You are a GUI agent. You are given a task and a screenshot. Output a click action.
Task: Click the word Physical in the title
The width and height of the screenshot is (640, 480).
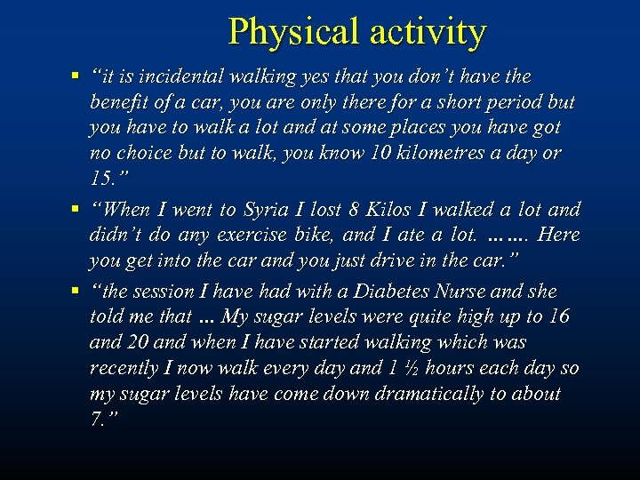point(284,32)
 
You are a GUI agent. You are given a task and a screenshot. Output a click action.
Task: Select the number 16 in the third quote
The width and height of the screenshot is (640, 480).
point(558,316)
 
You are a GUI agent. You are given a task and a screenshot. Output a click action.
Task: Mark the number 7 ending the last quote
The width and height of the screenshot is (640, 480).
point(96,418)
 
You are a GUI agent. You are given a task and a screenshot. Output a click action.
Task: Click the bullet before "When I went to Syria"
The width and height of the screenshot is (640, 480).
point(77,210)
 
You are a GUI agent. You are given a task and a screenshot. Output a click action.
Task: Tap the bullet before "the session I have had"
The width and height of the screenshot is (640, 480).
point(77,292)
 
